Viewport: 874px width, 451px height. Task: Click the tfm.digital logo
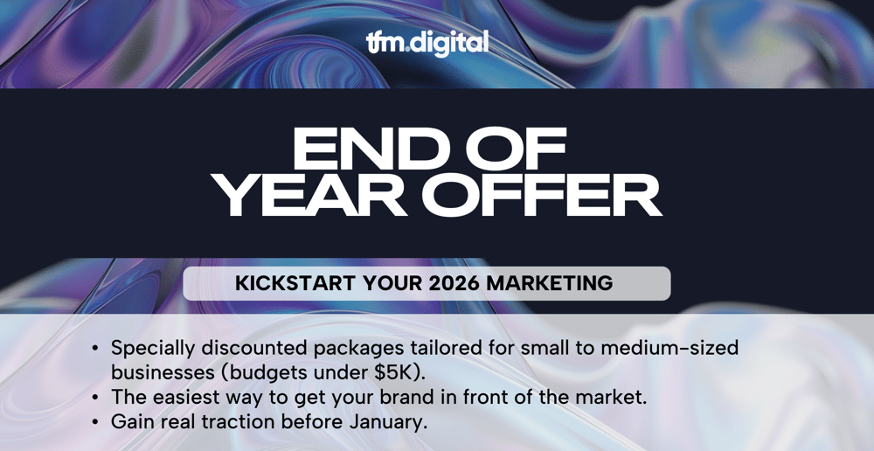click(427, 43)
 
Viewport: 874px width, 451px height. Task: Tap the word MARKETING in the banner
click(550, 283)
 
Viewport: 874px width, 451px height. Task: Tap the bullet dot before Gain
click(95, 422)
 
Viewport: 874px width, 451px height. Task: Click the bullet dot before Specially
click(95, 349)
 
